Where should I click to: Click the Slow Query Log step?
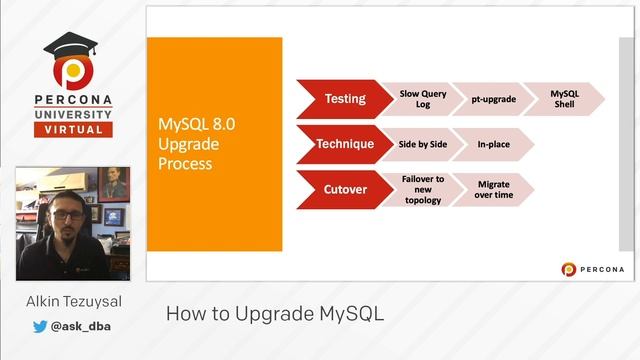coord(415,99)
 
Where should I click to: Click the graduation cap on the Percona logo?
coord(69,46)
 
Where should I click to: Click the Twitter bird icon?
coord(40,326)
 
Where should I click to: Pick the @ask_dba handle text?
coord(81,326)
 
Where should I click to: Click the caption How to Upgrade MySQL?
coord(274,313)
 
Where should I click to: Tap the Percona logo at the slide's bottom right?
coord(593,268)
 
